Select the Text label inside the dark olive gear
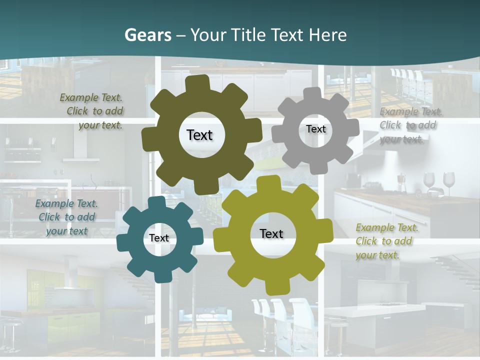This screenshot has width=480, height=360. pyautogui.click(x=199, y=135)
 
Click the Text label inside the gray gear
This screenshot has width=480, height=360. pyautogui.click(x=315, y=129)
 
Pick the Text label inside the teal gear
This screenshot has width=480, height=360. pyautogui.click(x=159, y=238)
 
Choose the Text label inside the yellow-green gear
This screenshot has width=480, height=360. pyautogui.click(x=271, y=233)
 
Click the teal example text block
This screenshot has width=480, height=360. pyautogui.click(x=66, y=217)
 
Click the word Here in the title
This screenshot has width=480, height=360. pyautogui.click(x=328, y=35)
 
